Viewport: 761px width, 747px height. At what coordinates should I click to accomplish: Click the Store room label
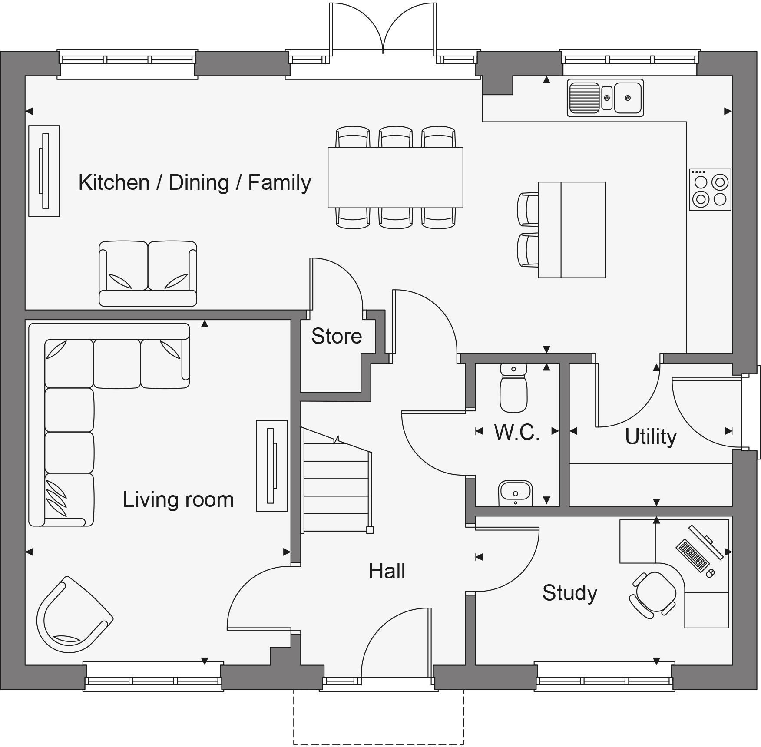point(337,337)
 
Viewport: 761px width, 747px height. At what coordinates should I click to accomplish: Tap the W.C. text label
point(517,433)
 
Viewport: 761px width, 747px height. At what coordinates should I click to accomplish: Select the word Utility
point(650,437)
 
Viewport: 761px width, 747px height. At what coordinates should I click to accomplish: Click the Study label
point(569,593)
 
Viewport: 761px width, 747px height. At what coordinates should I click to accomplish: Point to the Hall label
point(387,572)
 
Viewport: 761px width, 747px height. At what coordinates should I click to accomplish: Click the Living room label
point(178,499)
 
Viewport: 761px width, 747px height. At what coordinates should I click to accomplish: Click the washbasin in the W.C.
point(515,493)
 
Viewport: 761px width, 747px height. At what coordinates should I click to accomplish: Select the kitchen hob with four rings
point(710,190)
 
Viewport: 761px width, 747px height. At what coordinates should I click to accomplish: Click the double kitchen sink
point(605,98)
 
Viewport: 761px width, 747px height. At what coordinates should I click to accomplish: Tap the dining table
point(395,177)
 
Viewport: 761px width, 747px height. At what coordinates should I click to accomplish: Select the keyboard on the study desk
point(692,555)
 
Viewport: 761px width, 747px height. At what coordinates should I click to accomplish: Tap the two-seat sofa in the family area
point(148,274)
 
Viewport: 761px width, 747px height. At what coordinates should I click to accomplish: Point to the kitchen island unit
point(572,229)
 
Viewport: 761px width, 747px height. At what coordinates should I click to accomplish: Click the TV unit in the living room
point(271,466)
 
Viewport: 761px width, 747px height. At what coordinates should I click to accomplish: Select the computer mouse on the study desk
point(711,573)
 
